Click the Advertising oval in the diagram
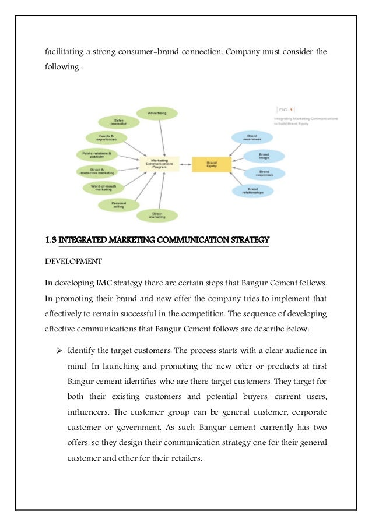click(157, 112)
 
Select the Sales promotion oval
click(118, 122)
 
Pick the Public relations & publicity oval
click(97, 154)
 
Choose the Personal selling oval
click(119, 204)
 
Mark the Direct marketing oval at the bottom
click(157, 215)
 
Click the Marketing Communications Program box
click(160, 164)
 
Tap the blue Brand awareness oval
click(252, 137)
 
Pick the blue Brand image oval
click(264, 156)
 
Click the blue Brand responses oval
click(264, 173)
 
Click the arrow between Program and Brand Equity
click(184, 164)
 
